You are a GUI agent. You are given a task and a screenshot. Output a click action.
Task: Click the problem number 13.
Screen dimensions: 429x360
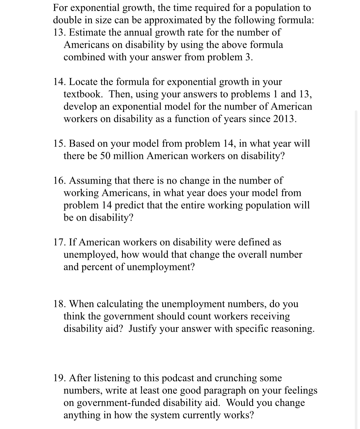pos(59,32)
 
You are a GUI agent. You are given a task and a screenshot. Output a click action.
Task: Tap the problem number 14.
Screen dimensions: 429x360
pos(59,82)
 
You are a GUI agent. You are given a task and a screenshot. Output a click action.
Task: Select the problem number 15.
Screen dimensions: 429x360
pos(59,144)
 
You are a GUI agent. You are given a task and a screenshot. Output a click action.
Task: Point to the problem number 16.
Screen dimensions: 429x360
pos(59,181)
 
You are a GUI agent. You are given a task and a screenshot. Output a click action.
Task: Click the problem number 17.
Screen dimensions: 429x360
pos(59,242)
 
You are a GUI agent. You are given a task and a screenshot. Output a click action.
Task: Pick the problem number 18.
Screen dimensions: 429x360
pos(59,304)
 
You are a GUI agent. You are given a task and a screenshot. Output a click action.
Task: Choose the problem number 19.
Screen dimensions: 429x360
pos(59,378)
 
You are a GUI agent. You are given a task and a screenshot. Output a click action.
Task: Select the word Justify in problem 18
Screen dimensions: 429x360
pos(142,329)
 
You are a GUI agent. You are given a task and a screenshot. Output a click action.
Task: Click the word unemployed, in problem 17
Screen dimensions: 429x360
pos(91,255)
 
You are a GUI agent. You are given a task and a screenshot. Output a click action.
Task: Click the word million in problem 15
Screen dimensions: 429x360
pos(128,156)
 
